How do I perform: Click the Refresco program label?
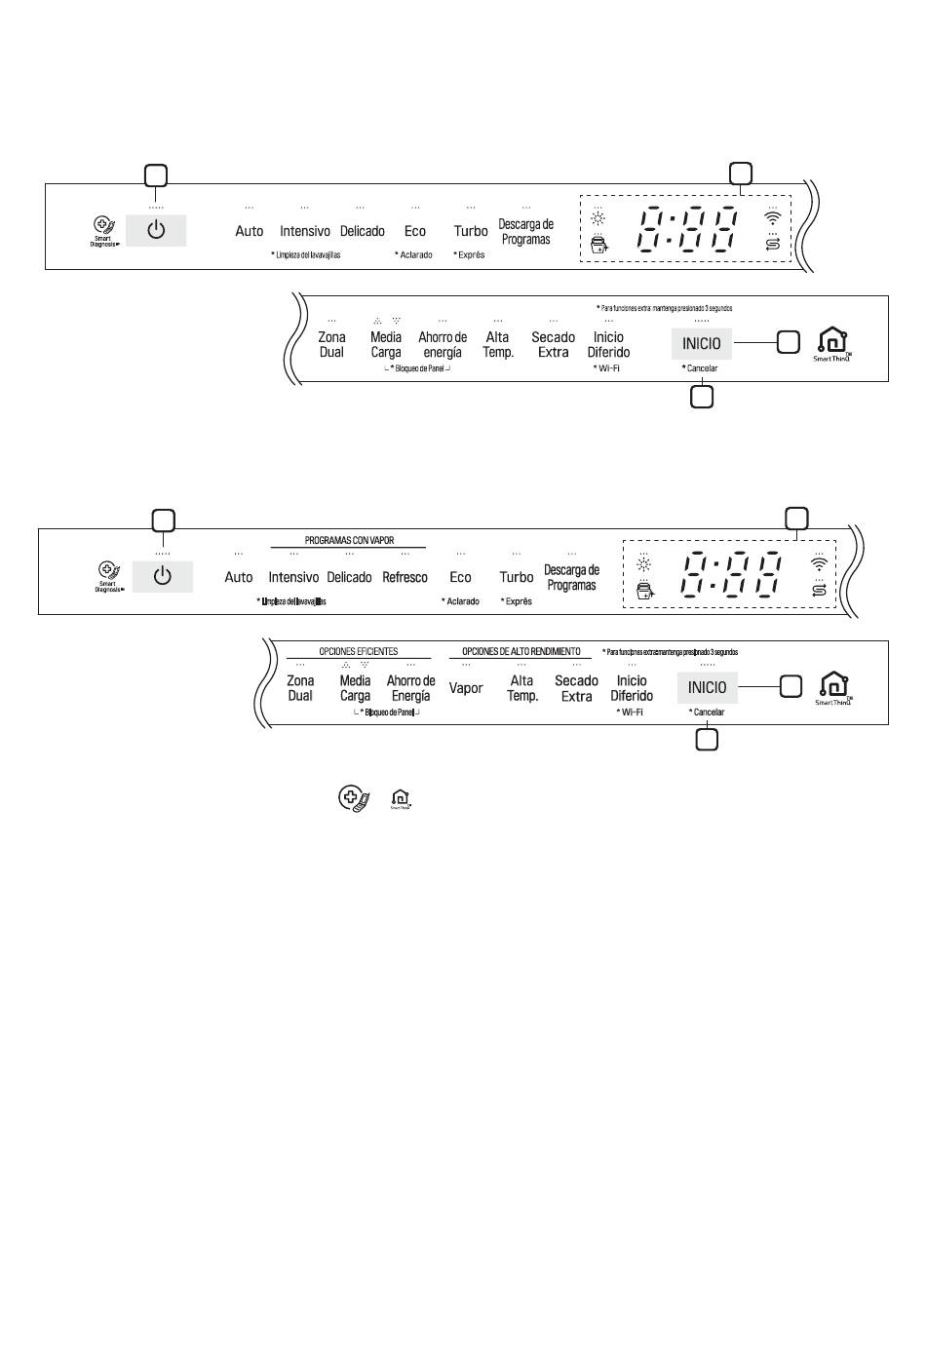click(405, 577)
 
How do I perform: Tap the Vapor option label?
click(466, 688)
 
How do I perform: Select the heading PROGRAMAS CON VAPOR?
click(349, 540)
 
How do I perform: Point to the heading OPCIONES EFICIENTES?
click(358, 651)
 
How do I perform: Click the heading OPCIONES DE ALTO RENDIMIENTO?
click(521, 651)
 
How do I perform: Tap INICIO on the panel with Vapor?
click(707, 687)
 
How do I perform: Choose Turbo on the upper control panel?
click(471, 231)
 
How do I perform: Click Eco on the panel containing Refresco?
click(460, 577)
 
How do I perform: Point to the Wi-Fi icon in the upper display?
click(773, 218)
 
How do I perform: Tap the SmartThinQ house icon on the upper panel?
click(832, 340)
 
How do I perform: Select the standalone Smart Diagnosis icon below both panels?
click(353, 799)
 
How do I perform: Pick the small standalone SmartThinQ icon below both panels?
click(401, 799)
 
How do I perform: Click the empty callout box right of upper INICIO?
click(788, 342)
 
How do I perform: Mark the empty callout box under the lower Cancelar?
click(707, 740)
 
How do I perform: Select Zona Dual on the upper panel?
click(331, 344)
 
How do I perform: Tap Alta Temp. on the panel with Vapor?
click(522, 688)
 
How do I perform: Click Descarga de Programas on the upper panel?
click(525, 232)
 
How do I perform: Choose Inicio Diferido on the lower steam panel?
click(632, 688)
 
